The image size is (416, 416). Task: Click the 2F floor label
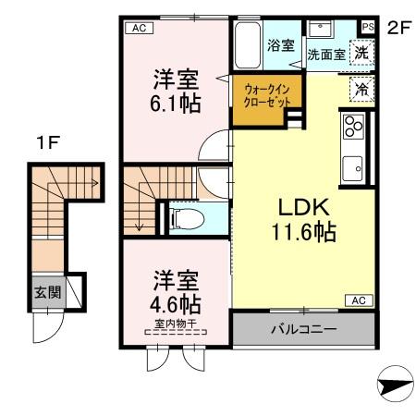[398, 27]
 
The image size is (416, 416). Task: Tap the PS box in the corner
[368, 26]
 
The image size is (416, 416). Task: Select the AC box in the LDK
[358, 300]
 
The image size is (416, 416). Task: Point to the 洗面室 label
[325, 55]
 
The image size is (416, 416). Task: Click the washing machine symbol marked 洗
[363, 53]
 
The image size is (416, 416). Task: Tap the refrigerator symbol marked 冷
[363, 89]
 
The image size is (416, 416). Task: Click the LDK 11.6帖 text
[300, 216]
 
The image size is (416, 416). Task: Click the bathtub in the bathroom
[249, 43]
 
